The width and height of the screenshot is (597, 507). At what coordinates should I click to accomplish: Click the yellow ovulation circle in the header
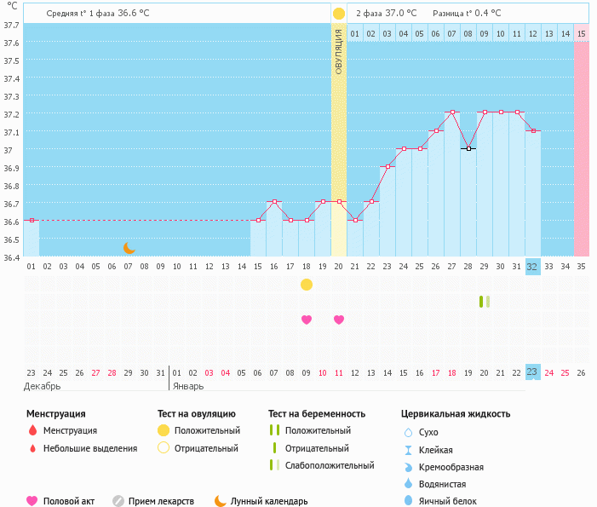pyautogui.click(x=339, y=14)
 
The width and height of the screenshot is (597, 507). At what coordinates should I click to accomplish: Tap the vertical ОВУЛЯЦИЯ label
pyautogui.click(x=339, y=52)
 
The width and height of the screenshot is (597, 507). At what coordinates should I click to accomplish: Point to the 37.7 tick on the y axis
pyautogui.click(x=12, y=25)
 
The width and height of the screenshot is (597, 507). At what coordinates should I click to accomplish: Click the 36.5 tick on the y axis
pyautogui.click(x=12, y=239)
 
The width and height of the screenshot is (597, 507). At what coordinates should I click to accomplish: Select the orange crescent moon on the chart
pyautogui.click(x=129, y=248)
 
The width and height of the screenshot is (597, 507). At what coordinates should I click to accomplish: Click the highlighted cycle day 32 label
pyautogui.click(x=532, y=267)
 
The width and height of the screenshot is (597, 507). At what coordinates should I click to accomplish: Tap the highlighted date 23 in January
pyautogui.click(x=532, y=372)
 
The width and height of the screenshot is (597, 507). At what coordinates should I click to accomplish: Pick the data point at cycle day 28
pyautogui.click(x=468, y=148)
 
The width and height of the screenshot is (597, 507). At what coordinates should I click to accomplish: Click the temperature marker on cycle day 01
pyautogui.click(x=32, y=220)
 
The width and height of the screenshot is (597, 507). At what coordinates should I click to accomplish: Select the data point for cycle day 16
pyautogui.click(x=274, y=202)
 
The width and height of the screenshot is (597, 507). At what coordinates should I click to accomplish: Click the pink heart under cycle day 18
pyautogui.click(x=307, y=320)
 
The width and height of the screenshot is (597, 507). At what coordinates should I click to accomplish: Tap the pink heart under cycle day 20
pyautogui.click(x=339, y=320)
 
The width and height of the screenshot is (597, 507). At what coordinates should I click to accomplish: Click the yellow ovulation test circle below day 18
pyautogui.click(x=307, y=284)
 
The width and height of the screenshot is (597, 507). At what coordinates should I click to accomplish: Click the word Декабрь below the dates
pyautogui.click(x=43, y=386)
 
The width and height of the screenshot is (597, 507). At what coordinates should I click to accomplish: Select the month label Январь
pyautogui.click(x=188, y=386)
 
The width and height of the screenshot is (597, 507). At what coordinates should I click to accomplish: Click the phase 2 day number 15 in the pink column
pyautogui.click(x=581, y=33)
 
